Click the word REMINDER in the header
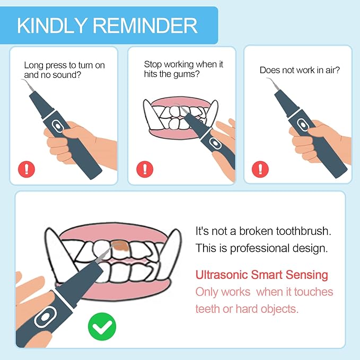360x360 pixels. [x=145, y=25]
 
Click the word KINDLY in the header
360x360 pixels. [x=52, y=25]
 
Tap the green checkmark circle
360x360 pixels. [x=102, y=327]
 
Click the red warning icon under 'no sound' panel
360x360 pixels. [x=27, y=169]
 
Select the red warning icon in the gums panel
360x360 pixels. [x=145, y=169]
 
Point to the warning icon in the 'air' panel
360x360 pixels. [x=260, y=169]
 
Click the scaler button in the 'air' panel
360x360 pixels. [x=303, y=125]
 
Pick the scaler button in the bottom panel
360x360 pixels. [x=45, y=317]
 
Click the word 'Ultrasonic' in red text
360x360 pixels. [x=222, y=275]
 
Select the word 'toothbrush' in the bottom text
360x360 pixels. [x=303, y=231]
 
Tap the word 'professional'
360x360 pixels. [x=260, y=249]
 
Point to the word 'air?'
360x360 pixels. [x=332, y=70]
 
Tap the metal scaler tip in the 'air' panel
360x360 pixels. [x=273, y=84]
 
